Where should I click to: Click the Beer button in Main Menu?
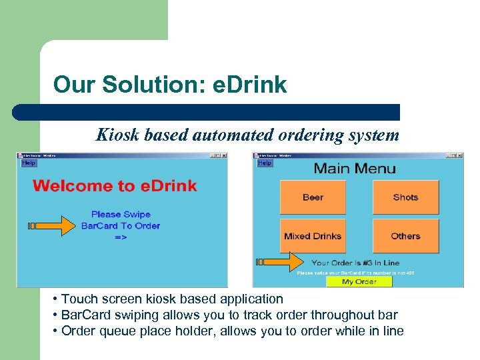click(313, 197)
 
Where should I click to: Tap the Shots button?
click(405, 197)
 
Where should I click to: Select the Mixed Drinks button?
click(313, 236)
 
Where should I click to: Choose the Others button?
click(405, 236)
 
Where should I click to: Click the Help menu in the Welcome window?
click(29, 163)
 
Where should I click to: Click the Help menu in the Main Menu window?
click(265, 163)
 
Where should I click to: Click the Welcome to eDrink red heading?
click(115, 185)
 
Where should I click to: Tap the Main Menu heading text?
click(355, 168)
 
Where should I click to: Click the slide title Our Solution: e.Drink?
click(170, 85)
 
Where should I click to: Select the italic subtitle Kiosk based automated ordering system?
click(247, 135)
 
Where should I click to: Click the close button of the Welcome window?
click(223, 156)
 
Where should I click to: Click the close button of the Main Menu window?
click(459, 156)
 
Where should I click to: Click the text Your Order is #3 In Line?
click(355, 263)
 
